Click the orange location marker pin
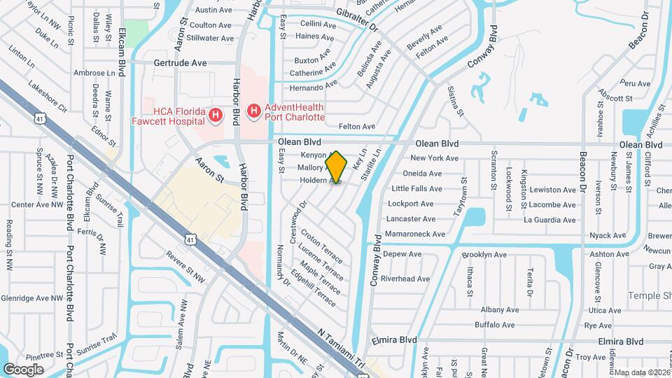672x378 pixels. point(336,167)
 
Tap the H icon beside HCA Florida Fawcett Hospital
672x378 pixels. point(216,114)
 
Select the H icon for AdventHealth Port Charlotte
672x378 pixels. point(254,111)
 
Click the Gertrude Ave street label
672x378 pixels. point(181,63)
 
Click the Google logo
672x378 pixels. point(23,369)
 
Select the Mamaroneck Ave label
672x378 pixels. point(416,234)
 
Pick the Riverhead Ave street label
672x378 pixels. point(405,279)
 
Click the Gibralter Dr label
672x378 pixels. point(356,22)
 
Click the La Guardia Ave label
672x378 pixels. point(551,220)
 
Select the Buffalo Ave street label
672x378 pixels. point(495,325)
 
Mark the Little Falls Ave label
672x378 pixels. point(416,189)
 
